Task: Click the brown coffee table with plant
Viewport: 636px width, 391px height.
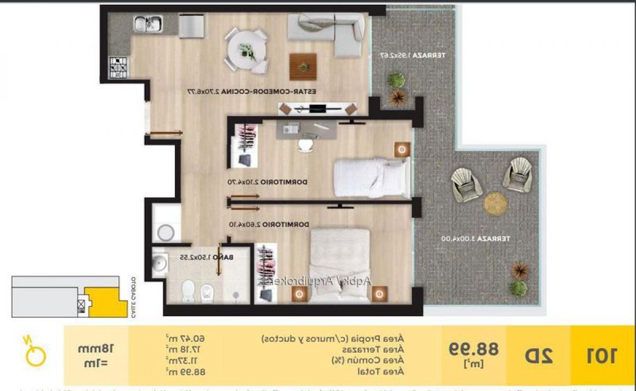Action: point(303,67)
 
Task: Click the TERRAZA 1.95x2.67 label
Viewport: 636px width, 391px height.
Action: point(413,55)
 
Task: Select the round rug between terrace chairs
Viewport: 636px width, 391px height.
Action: point(496,203)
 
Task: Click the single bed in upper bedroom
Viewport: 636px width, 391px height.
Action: point(371,177)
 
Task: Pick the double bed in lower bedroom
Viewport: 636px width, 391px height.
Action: point(340,265)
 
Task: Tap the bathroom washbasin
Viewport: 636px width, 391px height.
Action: point(159,263)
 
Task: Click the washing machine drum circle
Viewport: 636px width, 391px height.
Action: point(166,232)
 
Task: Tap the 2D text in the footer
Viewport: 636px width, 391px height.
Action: point(538,356)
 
